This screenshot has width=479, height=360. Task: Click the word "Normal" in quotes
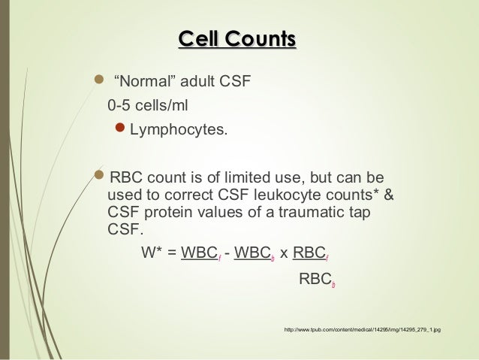click(x=139, y=81)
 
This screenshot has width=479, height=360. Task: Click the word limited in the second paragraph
click(x=253, y=180)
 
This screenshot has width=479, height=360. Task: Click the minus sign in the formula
click(x=227, y=252)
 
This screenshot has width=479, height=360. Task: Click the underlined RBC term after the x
click(x=309, y=252)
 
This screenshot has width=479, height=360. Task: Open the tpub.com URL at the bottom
click(x=361, y=329)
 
